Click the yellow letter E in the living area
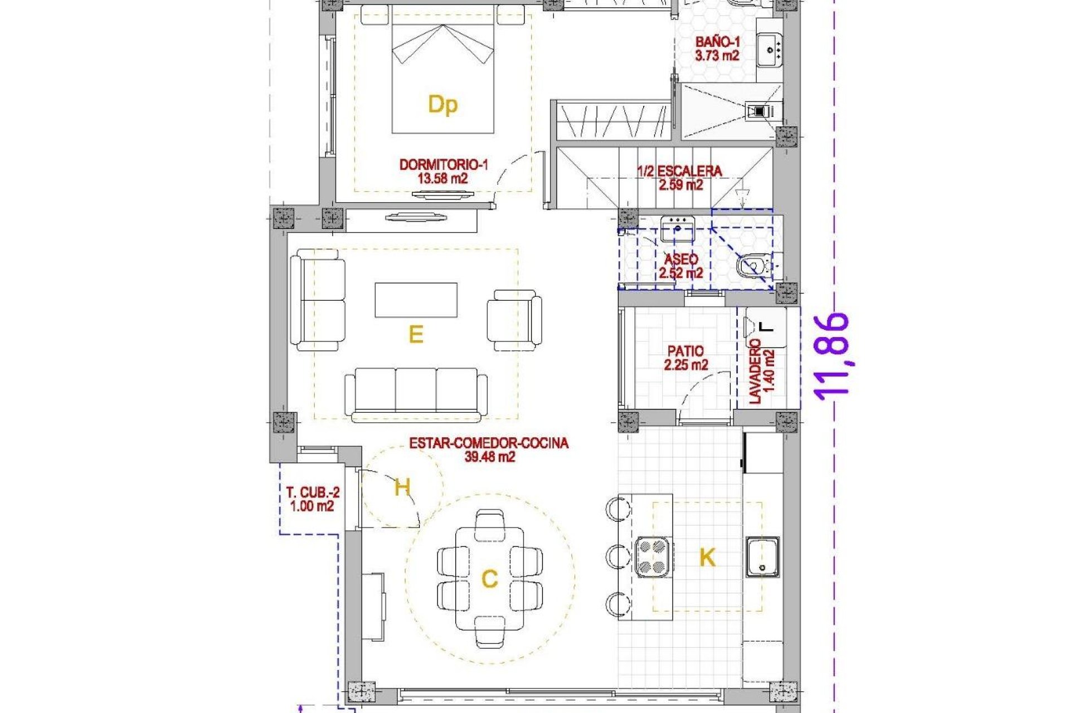click(x=416, y=335)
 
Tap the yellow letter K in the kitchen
click(x=707, y=557)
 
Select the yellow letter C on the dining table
click(x=489, y=579)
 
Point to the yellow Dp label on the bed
click(x=442, y=104)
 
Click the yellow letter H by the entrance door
click(x=402, y=487)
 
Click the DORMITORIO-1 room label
click(x=444, y=165)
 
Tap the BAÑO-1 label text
click(x=717, y=42)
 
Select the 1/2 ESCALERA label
click(x=679, y=172)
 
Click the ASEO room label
click(x=681, y=260)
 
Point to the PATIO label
click(x=685, y=351)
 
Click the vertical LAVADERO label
click(x=755, y=372)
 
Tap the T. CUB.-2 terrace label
click(x=313, y=492)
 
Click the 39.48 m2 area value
click(x=489, y=457)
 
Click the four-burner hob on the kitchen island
click(x=653, y=556)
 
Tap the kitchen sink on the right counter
click(x=762, y=557)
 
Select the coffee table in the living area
click(x=416, y=300)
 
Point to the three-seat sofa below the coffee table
click(x=416, y=393)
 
